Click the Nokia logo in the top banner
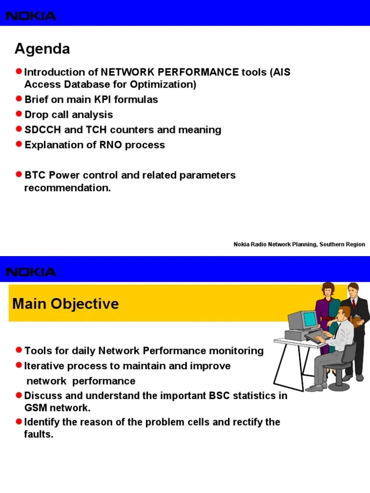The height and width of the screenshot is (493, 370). (31, 16)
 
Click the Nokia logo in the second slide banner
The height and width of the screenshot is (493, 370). (31, 272)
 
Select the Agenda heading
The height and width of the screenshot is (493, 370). (42, 49)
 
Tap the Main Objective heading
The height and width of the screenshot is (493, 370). (65, 304)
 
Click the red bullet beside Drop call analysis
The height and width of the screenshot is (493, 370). (19, 114)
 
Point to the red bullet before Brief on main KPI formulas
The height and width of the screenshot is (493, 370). (19, 99)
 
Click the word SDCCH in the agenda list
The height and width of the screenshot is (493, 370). (40, 130)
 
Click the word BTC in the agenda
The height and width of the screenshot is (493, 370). (35, 175)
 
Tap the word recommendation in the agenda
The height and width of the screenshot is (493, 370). (67, 188)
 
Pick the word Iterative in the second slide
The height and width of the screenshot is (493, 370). (44, 366)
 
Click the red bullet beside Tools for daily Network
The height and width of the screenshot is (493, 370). (19, 350)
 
